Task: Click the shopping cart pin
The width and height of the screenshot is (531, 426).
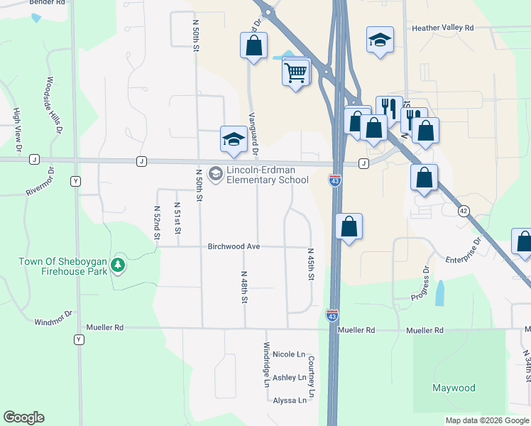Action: point(296,72)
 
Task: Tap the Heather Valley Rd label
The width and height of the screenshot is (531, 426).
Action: point(443,28)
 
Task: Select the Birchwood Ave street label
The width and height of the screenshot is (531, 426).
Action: point(234,246)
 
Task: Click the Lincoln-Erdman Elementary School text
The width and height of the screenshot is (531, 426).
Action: point(267,175)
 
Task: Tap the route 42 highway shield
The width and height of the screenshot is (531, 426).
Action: point(464,211)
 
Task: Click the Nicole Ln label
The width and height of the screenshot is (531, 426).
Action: point(288,354)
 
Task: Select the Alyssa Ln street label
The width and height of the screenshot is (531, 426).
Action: point(290,400)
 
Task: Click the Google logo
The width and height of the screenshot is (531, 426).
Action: point(23,417)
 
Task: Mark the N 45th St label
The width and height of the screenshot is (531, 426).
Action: point(310,264)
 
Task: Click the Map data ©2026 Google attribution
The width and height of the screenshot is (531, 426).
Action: point(487,420)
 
